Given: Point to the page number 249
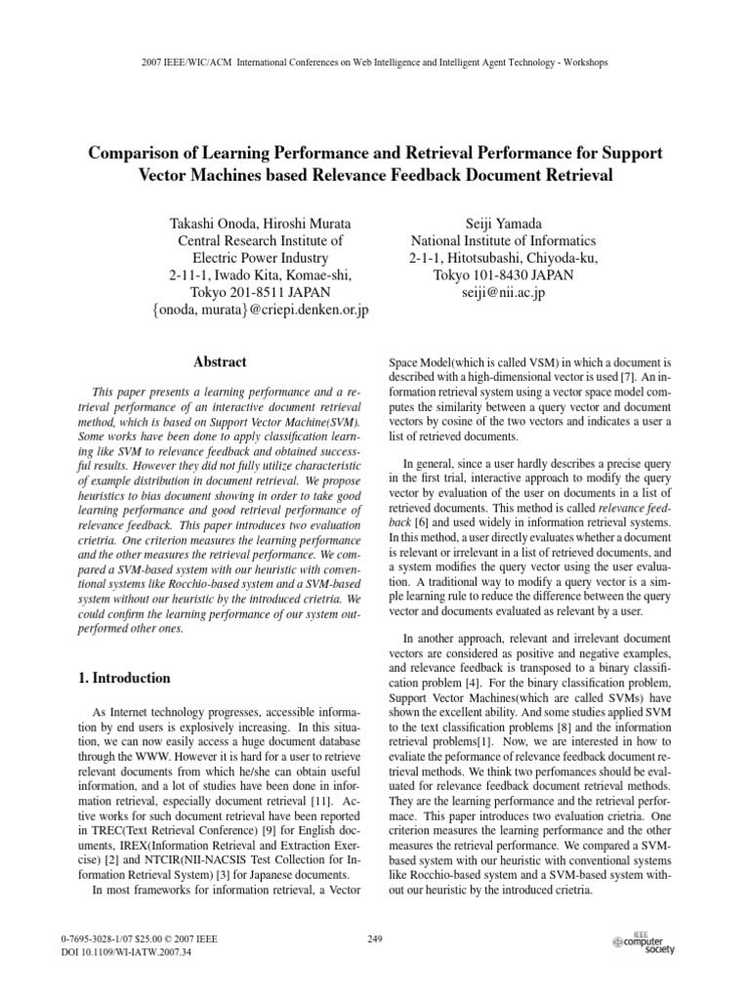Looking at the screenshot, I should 374,938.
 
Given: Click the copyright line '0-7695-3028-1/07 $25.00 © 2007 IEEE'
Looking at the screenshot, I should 139,938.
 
